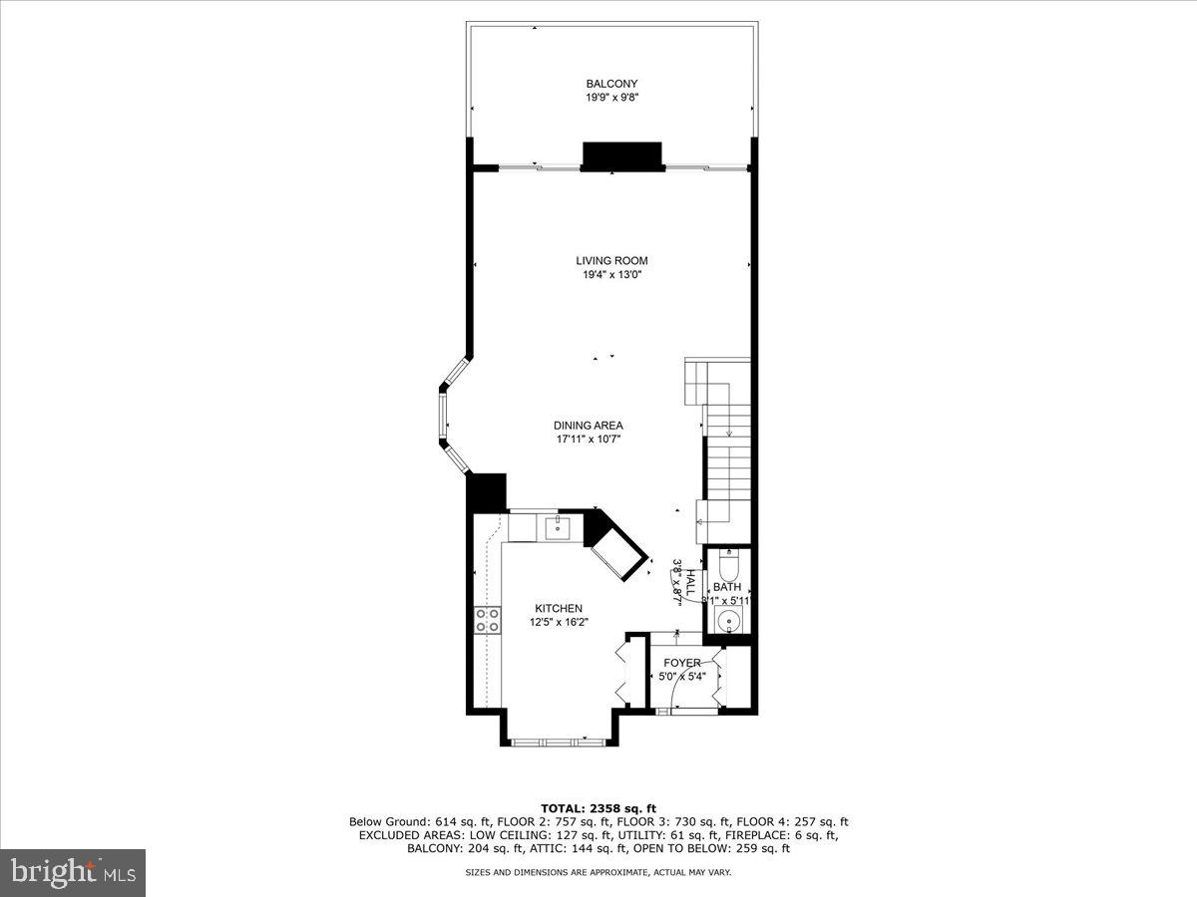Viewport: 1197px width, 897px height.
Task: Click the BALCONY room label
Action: point(611,84)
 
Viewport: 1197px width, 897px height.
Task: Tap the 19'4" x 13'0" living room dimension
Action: point(611,275)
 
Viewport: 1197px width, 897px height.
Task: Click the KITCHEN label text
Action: point(558,608)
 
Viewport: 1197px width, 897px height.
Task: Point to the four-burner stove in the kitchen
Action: point(487,620)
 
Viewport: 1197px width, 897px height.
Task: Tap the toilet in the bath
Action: point(727,567)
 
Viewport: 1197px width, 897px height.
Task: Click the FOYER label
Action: point(682,663)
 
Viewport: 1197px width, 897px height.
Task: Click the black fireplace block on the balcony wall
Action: point(622,156)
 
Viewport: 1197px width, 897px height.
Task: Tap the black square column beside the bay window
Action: point(487,492)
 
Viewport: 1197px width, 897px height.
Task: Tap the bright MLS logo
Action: point(73,872)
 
